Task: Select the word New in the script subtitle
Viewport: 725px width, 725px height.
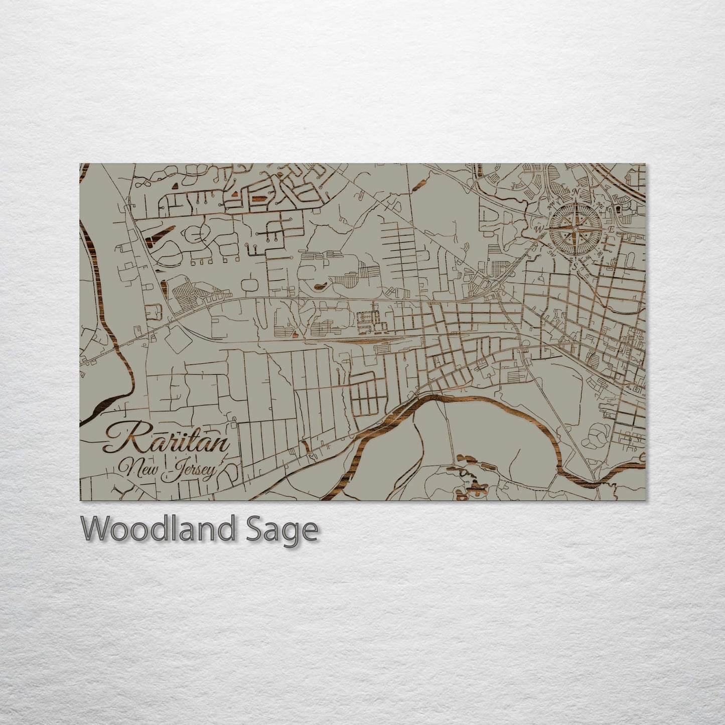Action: pyautogui.click(x=141, y=470)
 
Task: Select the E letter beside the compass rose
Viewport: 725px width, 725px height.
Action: pyautogui.click(x=611, y=229)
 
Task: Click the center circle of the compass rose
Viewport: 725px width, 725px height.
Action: pyautogui.click(x=575, y=229)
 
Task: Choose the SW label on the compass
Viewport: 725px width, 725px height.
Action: pyautogui.click(x=551, y=253)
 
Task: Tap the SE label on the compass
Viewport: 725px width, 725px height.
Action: pyautogui.click(x=600, y=254)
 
